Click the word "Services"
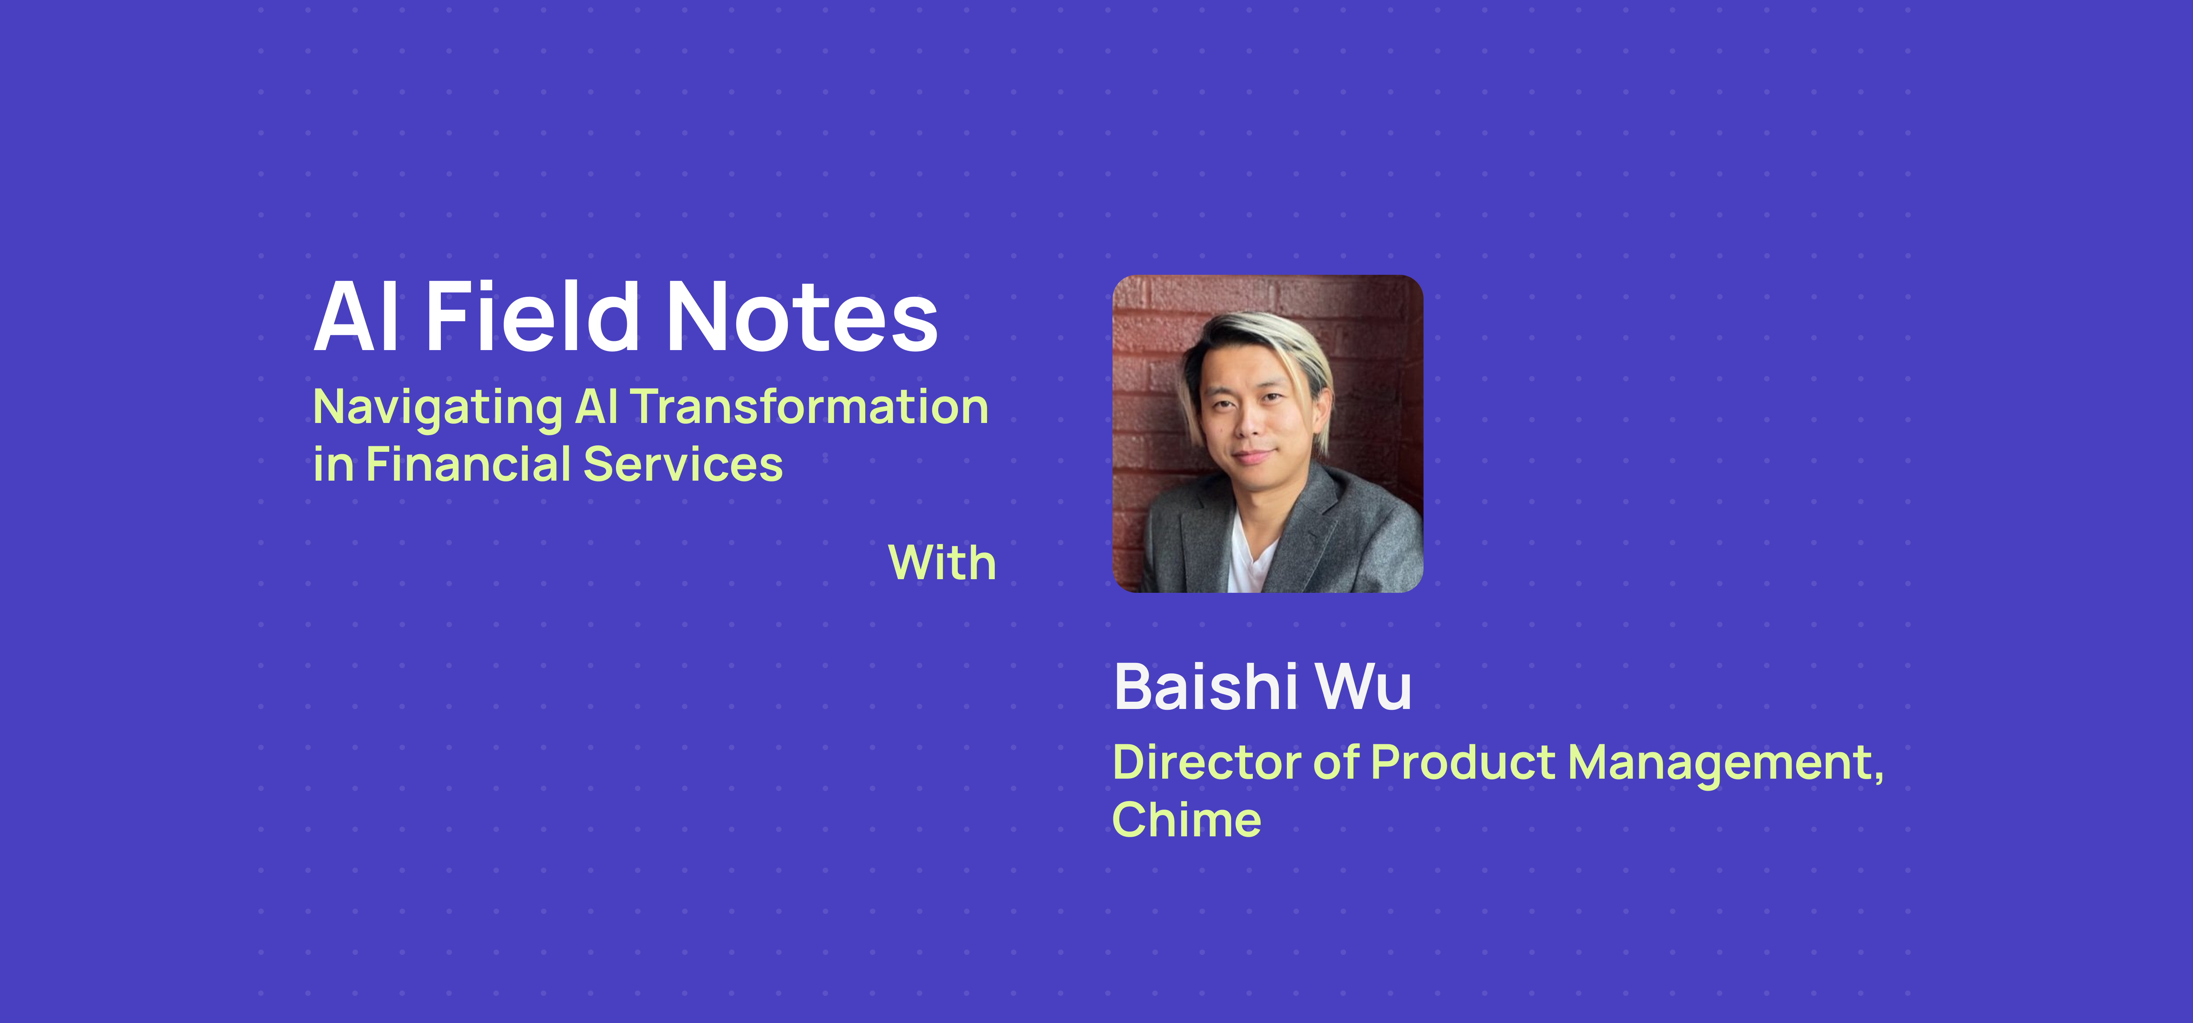(683, 465)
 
